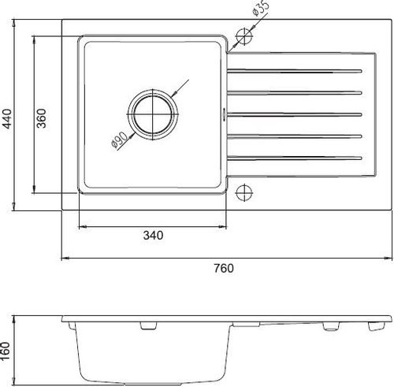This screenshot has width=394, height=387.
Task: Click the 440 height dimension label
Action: click(x=7, y=119)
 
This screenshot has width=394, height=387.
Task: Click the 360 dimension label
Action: click(x=41, y=118)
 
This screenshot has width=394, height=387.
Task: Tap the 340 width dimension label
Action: click(x=153, y=235)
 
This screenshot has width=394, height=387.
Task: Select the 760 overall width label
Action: click(x=224, y=268)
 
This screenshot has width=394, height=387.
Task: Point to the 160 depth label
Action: click(x=6, y=352)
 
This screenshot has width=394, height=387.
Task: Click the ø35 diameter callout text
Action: click(x=261, y=9)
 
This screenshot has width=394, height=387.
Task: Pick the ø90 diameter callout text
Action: click(x=119, y=140)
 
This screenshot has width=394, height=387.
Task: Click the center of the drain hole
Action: click(x=153, y=114)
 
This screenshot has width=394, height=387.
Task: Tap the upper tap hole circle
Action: click(x=244, y=36)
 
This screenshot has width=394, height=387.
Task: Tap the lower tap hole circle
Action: click(x=244, y=192)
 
